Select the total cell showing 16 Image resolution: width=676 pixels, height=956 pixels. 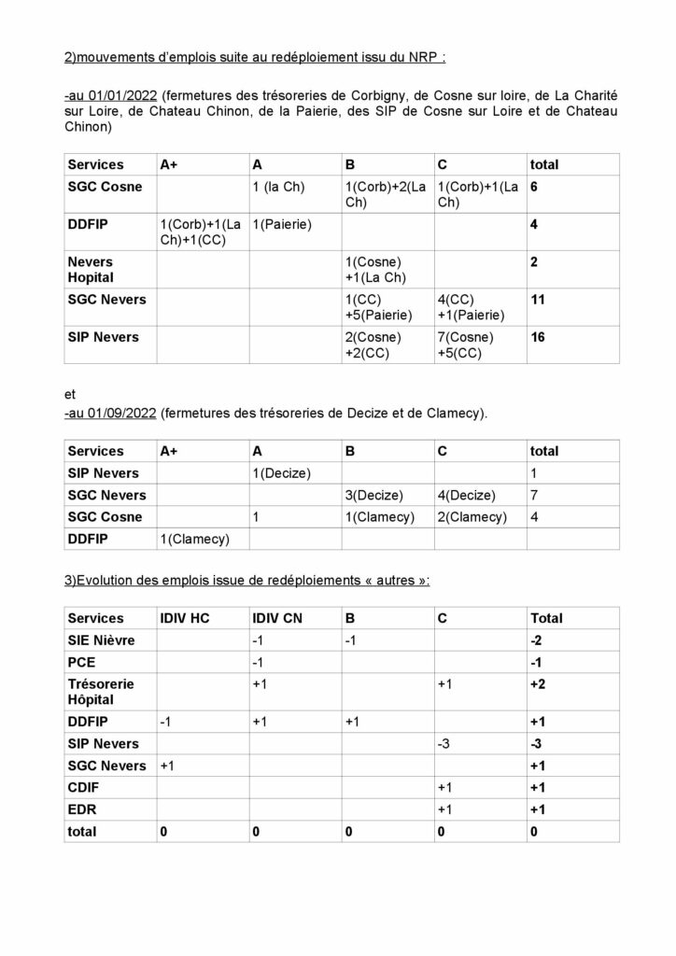pyautogui.click(x=539, y=337)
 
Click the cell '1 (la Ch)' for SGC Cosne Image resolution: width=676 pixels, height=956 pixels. pyautogui.click(x=278, y=187)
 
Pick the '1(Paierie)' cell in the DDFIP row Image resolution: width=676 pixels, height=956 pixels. pyautogui.click(x=282, y=225)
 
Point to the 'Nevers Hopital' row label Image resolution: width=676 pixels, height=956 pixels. pyautogui.click(x=91, y=270)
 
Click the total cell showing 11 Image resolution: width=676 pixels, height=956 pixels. pyautogui.click(x=539, y=300)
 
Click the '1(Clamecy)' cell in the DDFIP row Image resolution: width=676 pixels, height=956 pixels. pyautogui.click(x=195, y=539)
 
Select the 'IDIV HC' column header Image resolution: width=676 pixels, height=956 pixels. pyautogui.click(x=186, y=618)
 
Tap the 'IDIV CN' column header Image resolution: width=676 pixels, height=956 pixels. pyautogui.click(x=279, y=618)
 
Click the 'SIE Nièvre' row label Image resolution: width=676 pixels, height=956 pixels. pyautogui.click(x=102, y=640)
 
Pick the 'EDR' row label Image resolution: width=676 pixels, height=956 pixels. pyautogui.click(x=82, y=808)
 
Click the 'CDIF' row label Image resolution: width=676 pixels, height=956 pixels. pyautogui.click(x=84, y=787)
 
